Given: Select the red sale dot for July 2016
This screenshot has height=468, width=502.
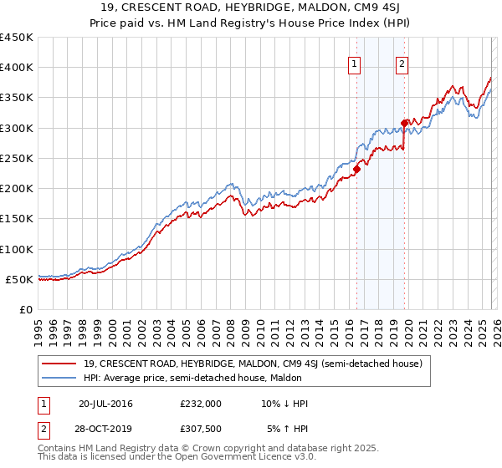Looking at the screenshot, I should [x=356, y=169].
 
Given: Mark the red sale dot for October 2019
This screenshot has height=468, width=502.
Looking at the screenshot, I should [x=405, y=123].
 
